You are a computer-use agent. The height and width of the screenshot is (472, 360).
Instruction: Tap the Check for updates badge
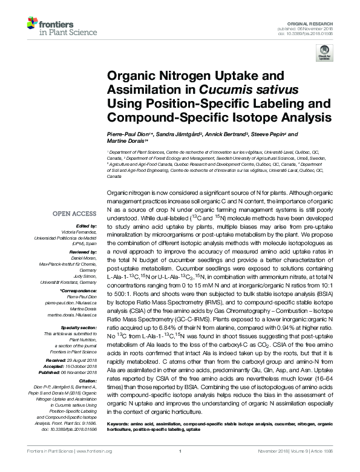pyautogui.click(x=324, y=54)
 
